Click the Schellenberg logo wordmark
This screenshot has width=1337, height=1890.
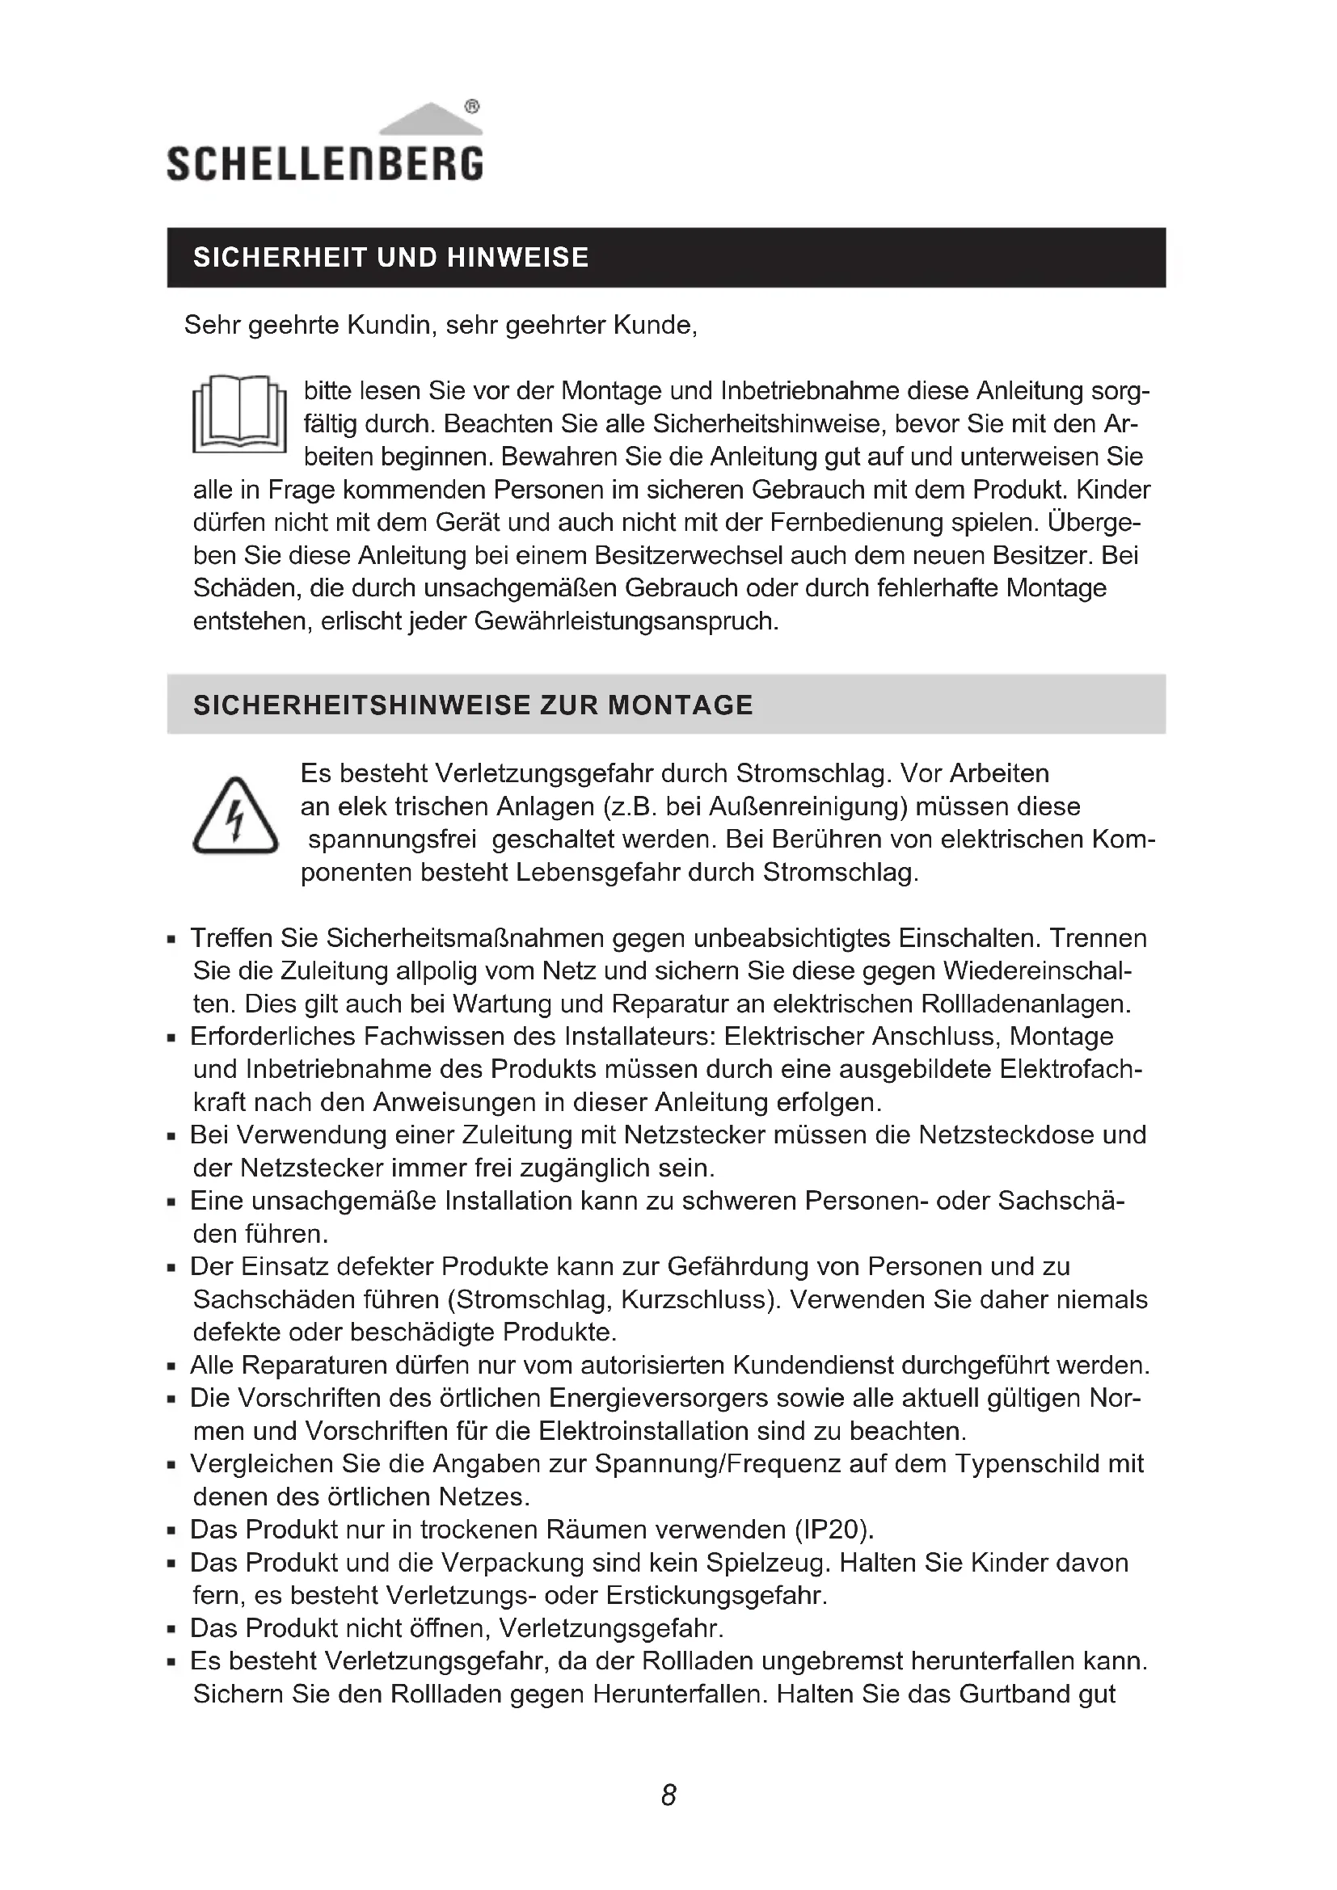[x=324, y=164]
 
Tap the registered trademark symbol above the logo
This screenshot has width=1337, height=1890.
[x=472, y=106]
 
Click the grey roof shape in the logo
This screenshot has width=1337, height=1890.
[x=430, y=120]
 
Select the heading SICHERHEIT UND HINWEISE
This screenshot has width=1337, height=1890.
[x=391, y=258]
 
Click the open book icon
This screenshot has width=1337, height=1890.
[x=238, y=414]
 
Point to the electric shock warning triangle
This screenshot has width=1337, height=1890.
[x=235, y=817]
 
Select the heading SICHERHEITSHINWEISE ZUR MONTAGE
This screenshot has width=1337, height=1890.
[x=473, y=705]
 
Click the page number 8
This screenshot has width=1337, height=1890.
[x=668, y=1795]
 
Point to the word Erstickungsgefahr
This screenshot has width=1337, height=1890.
[x=715, y=1595]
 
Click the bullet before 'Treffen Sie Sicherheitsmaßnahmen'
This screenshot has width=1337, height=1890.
[x=171, y=939]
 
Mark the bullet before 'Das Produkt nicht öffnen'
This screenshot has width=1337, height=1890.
[x=171, y=1629]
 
